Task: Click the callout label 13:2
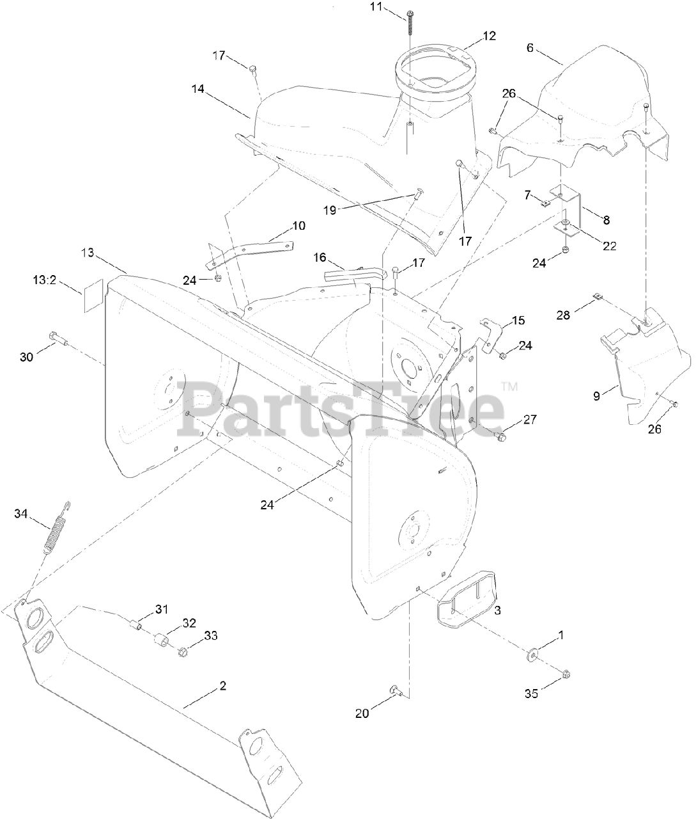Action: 47,280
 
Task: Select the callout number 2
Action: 222,686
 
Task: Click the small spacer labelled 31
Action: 135,624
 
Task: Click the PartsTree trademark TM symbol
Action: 509,386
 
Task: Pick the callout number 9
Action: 596,396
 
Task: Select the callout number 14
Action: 197,90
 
